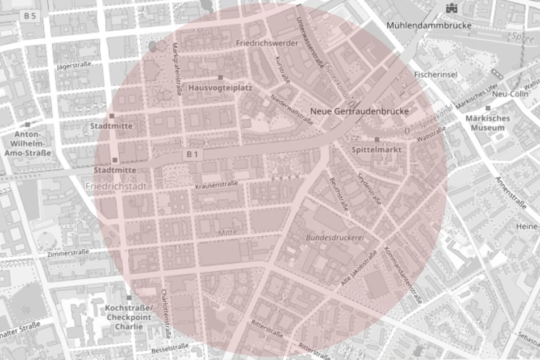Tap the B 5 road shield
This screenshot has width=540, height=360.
coord(30,16)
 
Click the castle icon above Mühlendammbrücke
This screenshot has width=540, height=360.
coord(452,7)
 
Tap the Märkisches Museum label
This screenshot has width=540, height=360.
coord(487,123)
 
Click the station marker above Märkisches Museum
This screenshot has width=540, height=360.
coord(487,108)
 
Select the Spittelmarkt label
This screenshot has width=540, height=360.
coord(377,150)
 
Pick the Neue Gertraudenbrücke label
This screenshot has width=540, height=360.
coord(360,112)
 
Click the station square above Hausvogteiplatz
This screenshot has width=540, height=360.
coord(220,77)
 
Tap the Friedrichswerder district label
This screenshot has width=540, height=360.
coord(258,43)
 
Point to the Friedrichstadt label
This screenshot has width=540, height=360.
coord(116,186)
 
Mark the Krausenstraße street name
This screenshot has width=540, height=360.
coord(215,186)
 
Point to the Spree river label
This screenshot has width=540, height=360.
coord(523,36)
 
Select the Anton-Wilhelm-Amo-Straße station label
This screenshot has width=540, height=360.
coord(27,144)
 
